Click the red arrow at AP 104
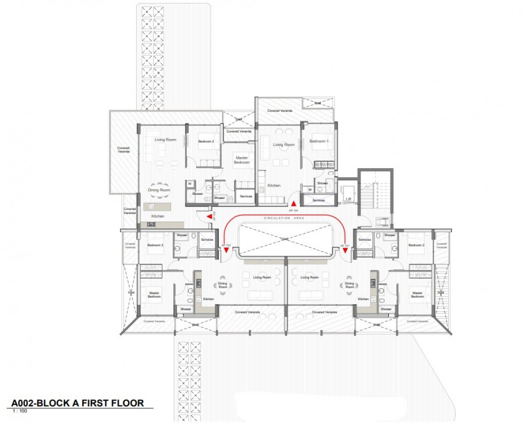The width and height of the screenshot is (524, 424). coord(293,202)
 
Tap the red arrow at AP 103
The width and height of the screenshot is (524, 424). coord(210,216)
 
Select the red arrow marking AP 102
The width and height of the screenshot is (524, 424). coord(226,250)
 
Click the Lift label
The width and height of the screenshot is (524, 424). coord(349,198)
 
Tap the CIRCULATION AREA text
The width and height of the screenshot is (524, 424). coord(285,218)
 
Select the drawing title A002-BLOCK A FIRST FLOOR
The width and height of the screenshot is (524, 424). coord(77,403)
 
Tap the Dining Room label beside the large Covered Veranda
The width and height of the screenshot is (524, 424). coord(158,190)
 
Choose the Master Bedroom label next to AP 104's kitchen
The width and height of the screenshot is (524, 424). coord(242,159)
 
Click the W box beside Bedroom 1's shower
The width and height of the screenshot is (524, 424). coord(310,189)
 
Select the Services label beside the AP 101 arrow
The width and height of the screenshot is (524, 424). coord(365,240)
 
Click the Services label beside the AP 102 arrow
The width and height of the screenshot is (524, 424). coord(207,240)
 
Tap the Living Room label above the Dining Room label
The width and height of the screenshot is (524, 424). coord(165,140)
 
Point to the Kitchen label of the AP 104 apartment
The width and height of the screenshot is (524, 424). coord(274,186)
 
